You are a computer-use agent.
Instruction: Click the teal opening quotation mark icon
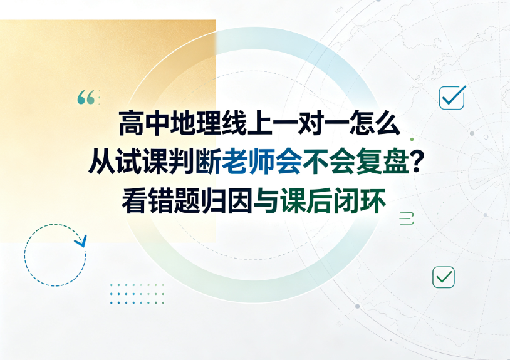point(86,98)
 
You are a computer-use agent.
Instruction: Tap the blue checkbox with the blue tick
point(452,97)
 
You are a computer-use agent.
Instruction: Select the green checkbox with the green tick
point(444,277)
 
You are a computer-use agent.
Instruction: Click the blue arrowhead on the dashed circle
point(81,241)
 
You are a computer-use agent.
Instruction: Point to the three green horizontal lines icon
point(407,218)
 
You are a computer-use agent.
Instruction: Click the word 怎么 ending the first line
point(375,123)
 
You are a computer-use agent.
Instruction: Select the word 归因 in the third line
point(227,201)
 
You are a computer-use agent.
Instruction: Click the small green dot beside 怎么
point(412,140)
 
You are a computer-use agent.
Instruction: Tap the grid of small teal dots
point(137,294)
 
